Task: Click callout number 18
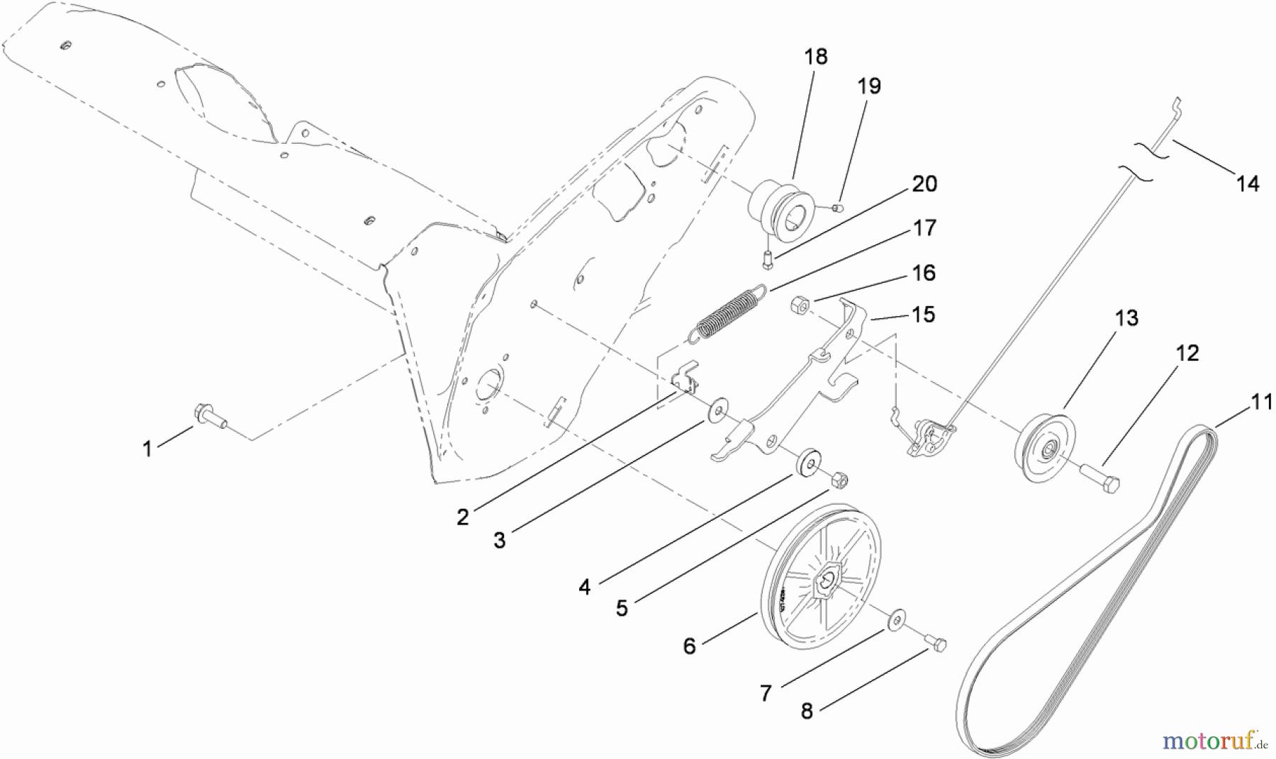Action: click(x=817, y=57)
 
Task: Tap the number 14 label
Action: click(x=1248, y=184)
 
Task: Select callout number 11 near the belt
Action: click(x=1261, y=403)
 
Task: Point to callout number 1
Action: click(x=147, y=449)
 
